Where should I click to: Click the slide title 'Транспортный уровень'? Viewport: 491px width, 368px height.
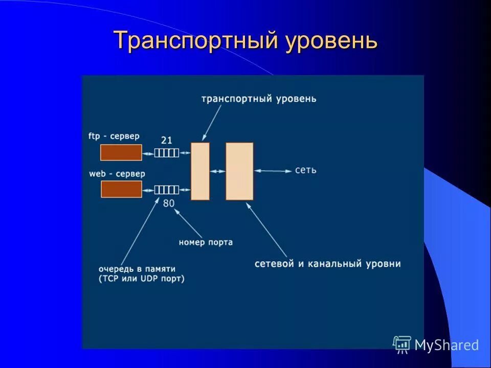245,40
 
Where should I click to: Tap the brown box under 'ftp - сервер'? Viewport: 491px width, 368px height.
121,152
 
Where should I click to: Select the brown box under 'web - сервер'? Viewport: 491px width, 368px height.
121,189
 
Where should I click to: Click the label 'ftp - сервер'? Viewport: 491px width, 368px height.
114,136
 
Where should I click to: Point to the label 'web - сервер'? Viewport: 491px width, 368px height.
117,174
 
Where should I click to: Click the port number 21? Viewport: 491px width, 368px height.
166,140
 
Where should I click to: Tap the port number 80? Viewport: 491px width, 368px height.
169,203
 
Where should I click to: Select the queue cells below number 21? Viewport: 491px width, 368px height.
167,152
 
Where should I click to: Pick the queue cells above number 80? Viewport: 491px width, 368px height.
167,190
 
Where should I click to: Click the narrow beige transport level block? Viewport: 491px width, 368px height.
200,171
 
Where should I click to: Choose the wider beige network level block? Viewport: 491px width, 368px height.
239,171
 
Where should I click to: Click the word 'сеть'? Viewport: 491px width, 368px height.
305,170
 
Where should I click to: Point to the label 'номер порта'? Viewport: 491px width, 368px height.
206,242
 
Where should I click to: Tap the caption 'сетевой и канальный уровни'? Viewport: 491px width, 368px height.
327,264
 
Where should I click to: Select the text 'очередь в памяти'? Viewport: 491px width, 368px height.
137,268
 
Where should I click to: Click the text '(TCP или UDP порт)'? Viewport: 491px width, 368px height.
141,279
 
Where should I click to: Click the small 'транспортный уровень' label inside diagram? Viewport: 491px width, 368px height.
259,99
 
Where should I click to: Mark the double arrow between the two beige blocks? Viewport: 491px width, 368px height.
217,171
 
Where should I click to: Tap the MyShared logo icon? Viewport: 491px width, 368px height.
402,344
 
